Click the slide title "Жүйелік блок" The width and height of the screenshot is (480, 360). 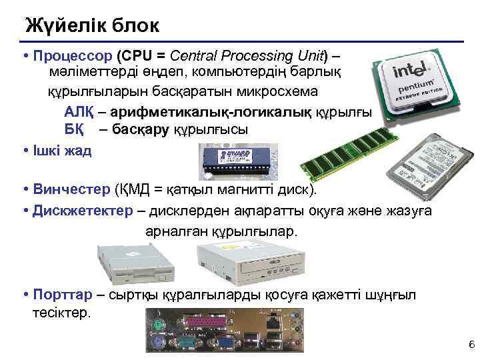pyautogui.click(x=92, y=26)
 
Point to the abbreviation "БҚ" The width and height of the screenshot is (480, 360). pyautogui.click(x=73, y=129)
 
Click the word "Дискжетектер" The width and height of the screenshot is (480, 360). pyautogui.click(x=83, y=211)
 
